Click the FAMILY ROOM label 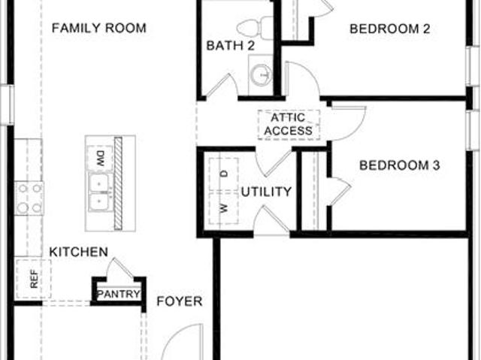pos(98,29)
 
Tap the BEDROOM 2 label pos(389,29)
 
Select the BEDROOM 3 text pos(399,165)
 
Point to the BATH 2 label pos(231,46)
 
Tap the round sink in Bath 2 pos(261,74)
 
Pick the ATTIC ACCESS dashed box pos(289,125)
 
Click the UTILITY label pos(266,192)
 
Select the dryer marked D pos(224,174)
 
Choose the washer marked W pos(224,208)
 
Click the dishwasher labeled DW pos(100,159)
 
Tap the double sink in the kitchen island pos(99,192)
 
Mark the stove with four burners pos(29,198)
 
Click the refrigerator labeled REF pos(33,279)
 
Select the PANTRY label pos(119,294)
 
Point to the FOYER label pos(180,301)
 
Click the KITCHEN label pos(79,252)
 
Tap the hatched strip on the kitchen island pos(118,183)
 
